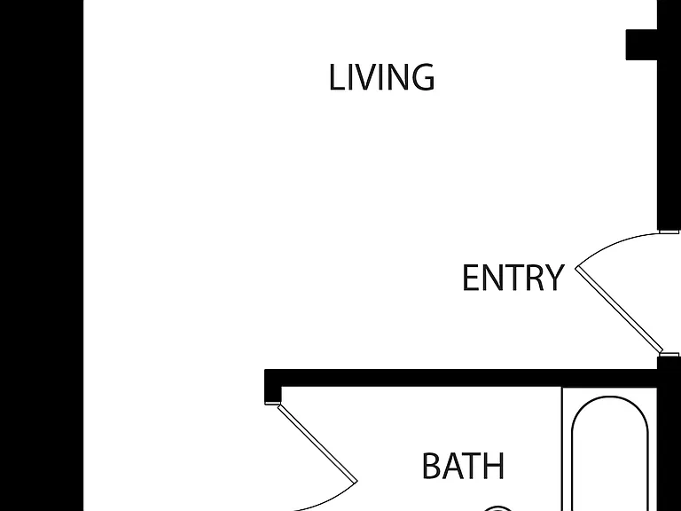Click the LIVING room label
(x=382, y=77)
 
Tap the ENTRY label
(x=513, y=278)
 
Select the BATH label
(x=463, y=466)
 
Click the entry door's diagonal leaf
(x=619, y=310)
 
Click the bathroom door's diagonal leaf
(x=317, y=443)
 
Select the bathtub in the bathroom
(x=610, y=452)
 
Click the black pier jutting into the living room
(x=641, y=44)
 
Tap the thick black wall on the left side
(x=42, y=255)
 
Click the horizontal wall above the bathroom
(x=461, y=378)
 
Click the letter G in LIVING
(x=422, y=77)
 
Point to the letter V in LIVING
(x=365, y=77)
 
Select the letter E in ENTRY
(x=471, y=278)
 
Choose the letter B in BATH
(x=430, y=466)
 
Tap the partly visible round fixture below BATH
(x=497, y=508)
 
